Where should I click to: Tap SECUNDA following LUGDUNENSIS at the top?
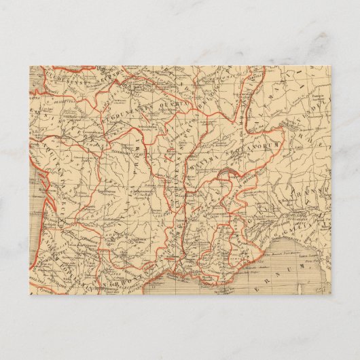99,79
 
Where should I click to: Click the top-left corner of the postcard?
30,66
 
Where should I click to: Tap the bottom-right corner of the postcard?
331,294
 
